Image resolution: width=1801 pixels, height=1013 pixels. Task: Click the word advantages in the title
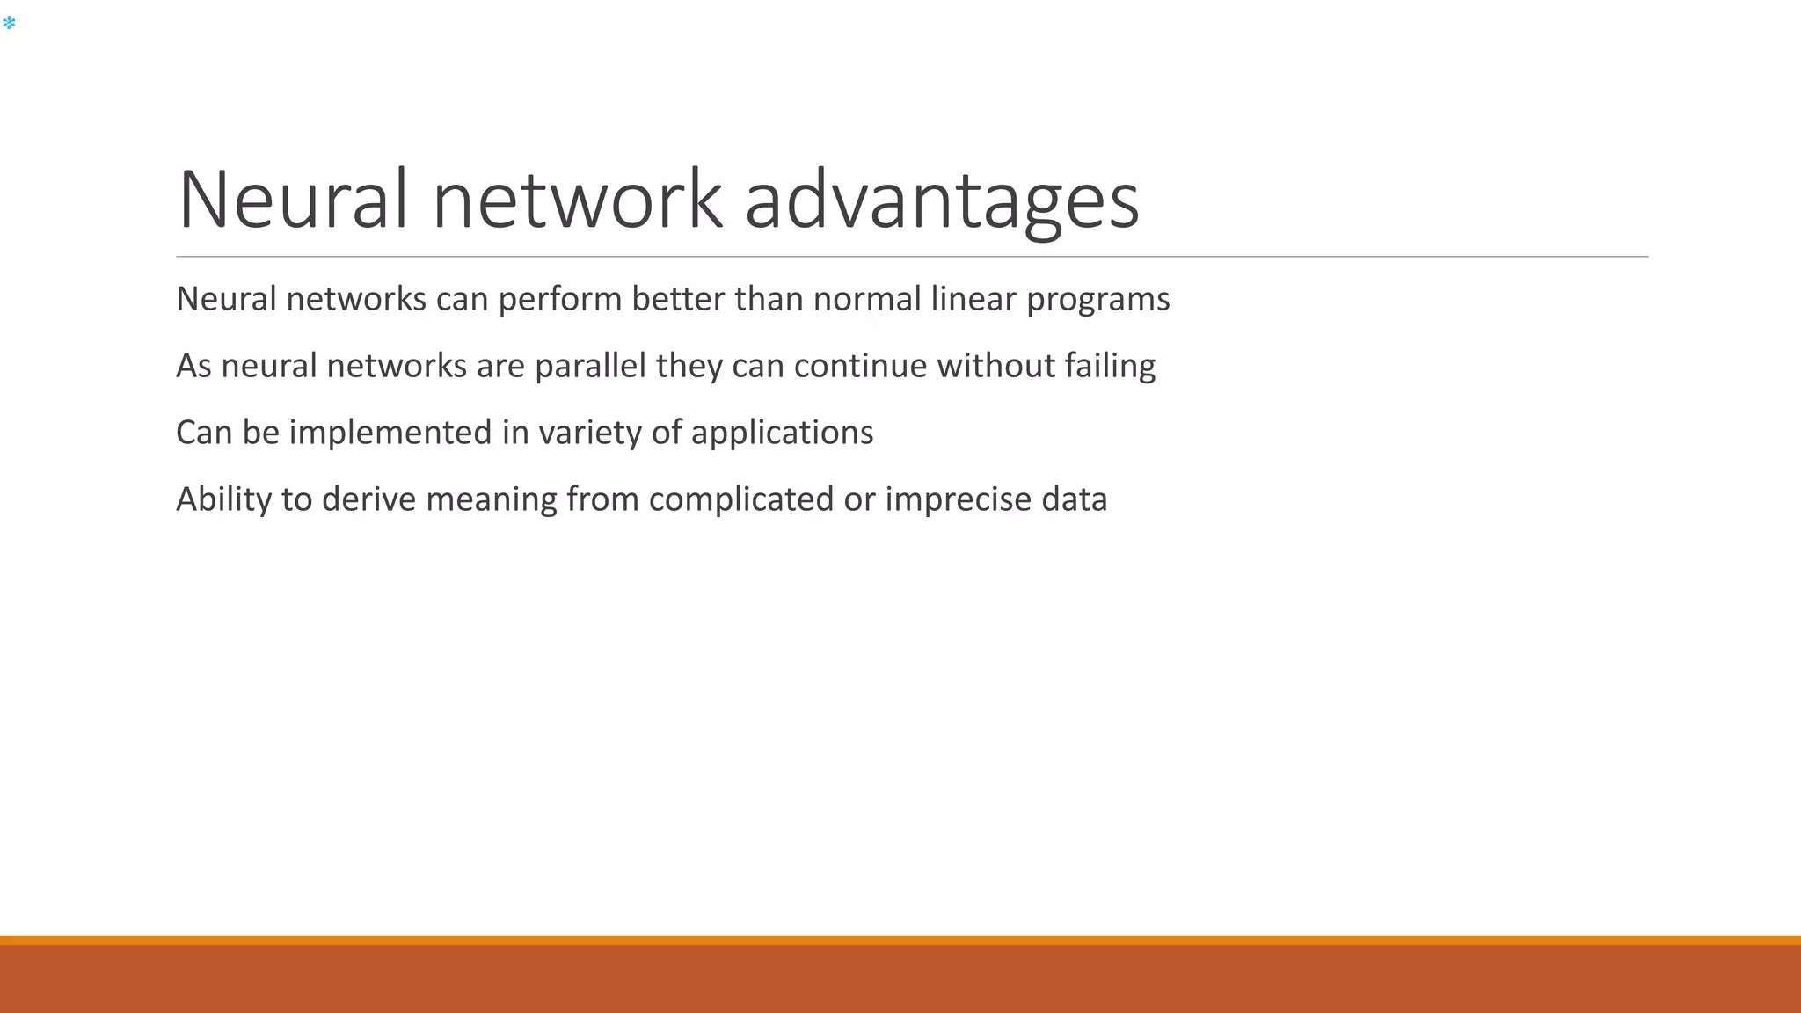(942, 200)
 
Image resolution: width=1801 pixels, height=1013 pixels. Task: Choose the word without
(995, 366)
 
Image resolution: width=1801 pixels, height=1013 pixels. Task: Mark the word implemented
(390, 433)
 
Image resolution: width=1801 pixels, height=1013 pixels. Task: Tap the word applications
(782, 434)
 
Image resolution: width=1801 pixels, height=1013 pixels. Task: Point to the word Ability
(224, 499)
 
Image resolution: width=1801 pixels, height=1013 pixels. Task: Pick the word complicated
(741, 499)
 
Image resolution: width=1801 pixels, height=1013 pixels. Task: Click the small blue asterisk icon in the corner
(9, 23)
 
